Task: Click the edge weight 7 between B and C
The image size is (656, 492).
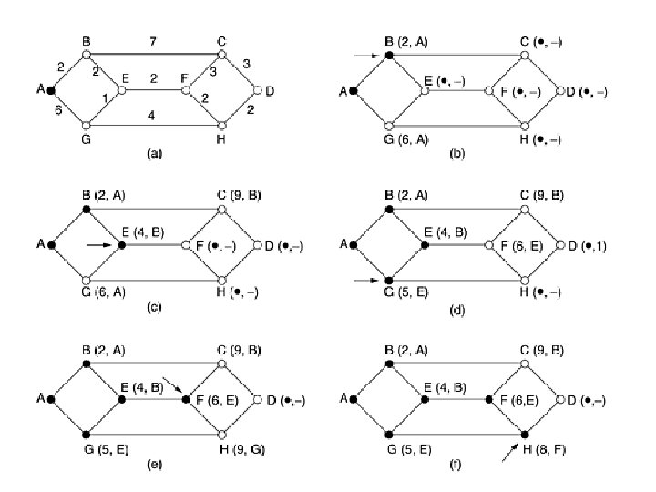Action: (152, 41)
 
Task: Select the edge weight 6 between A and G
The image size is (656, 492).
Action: (57, 108)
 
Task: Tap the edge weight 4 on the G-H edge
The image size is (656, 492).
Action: (152, 115)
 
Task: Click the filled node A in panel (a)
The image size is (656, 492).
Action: (51, 91)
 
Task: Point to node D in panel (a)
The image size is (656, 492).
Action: (258, 91)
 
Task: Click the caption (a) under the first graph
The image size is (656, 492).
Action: (154, 154)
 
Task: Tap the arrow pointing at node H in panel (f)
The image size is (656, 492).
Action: (511, 451)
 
